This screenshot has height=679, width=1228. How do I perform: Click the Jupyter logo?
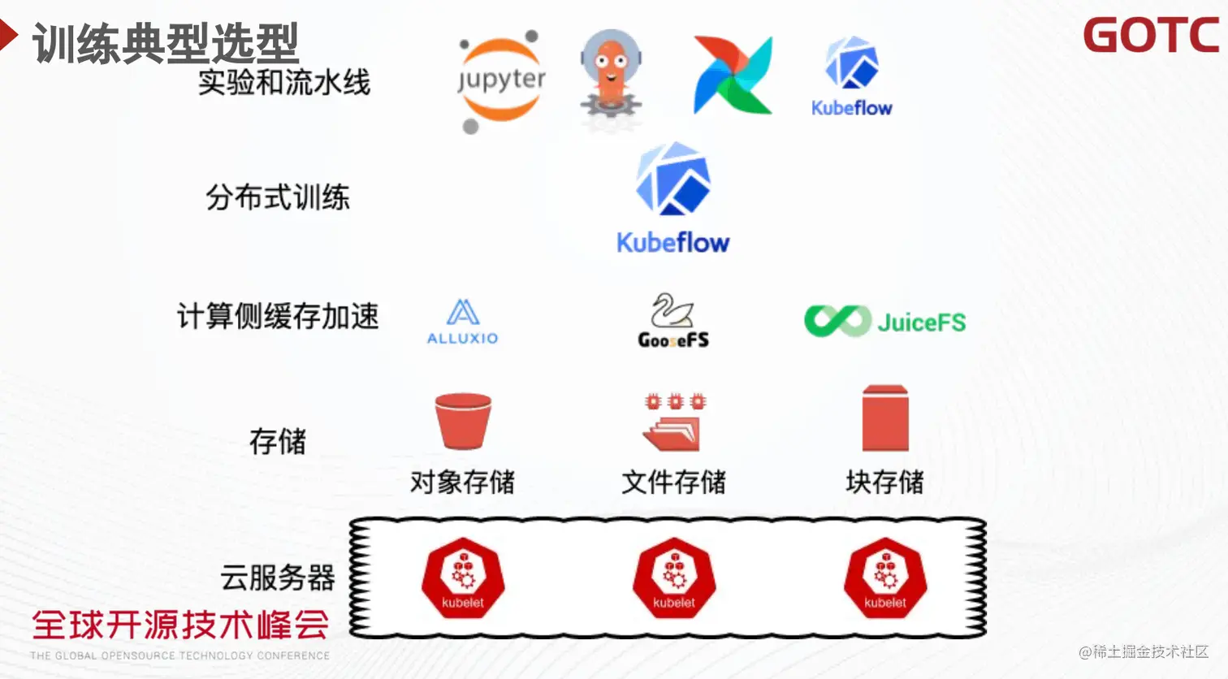tap(501, 80)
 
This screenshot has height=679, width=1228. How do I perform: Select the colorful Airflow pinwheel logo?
tap(733, 75)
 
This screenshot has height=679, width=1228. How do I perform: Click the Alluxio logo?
tap(462, 322)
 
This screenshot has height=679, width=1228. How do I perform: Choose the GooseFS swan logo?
tap(673, 320)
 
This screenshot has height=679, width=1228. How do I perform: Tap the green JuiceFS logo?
tap(884, 322)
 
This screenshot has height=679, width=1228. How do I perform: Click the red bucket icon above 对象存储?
tap(463, 421)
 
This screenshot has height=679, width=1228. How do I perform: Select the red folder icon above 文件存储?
tap(673, 422)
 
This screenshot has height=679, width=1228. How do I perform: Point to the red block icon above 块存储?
tap(884, 418)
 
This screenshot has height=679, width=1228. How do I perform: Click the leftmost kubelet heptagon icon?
tap(463, 578)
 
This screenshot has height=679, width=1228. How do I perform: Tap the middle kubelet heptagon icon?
tap(674, 578)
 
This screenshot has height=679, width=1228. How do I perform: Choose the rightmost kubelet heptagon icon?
tap(885, 578)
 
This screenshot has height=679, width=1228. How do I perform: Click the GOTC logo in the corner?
tap(1151, 36)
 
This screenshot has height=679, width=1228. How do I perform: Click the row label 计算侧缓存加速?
tap(278, 316)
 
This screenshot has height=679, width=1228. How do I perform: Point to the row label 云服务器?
tap(278, 577)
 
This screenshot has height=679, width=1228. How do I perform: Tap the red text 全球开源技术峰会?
tap(180, 625)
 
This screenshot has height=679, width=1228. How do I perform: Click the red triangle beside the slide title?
tap(8, 35)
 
